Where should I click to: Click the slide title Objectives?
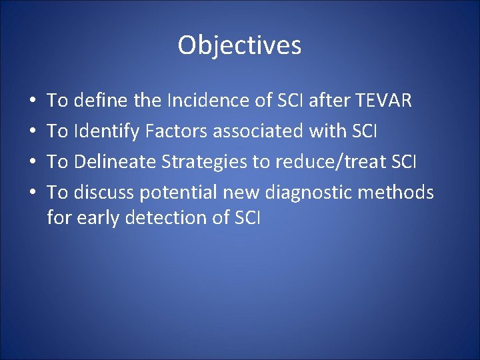(239, 46)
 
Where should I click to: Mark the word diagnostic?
(311, 193)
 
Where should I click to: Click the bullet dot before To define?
(33, 101)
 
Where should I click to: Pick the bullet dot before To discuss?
(33, 193)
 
